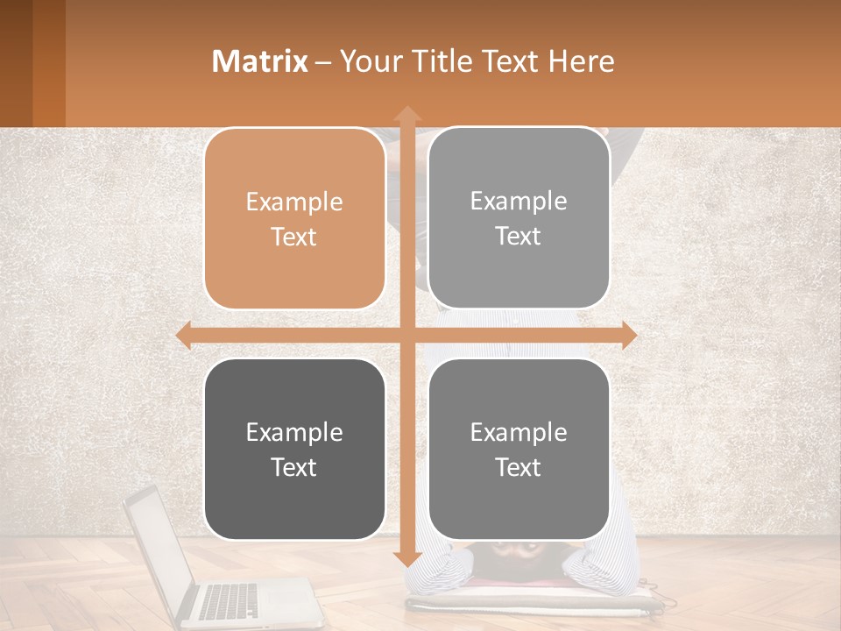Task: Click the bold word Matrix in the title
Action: pos(260,60)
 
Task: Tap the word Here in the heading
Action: pos(582,60)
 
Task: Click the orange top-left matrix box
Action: pos(294,218)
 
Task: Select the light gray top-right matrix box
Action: pos(519,218)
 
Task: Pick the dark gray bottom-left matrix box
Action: pos(294,449)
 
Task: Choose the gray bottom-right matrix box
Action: pos(519,449)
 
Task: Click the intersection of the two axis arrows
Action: pos(406,335)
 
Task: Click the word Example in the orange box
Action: pos(294,202)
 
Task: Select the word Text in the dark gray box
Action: pos(294,467)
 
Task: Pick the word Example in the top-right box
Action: pos(519,201)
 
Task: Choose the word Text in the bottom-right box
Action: pos(519,467)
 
